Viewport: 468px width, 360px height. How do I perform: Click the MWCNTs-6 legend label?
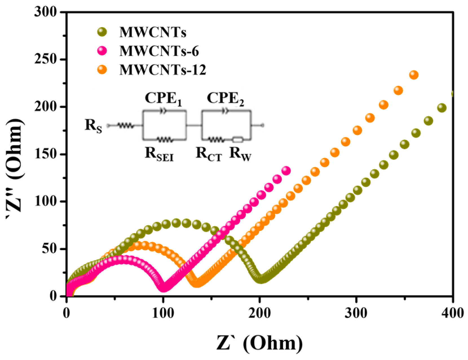pos(159,51)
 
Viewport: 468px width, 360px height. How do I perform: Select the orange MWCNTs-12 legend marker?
pos(102,69)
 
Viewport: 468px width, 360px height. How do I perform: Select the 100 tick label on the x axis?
pos(163,313)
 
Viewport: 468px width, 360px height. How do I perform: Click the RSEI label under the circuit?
pos(159,154)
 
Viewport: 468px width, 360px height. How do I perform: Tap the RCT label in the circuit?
pos(209,154)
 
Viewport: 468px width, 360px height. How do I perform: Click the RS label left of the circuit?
pos(94,126)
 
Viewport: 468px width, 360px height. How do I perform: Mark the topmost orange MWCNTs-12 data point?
pos(414,75)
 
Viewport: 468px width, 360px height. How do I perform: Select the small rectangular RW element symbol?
pos(238,139)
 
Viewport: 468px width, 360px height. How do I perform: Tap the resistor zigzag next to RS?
pos(125,126)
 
